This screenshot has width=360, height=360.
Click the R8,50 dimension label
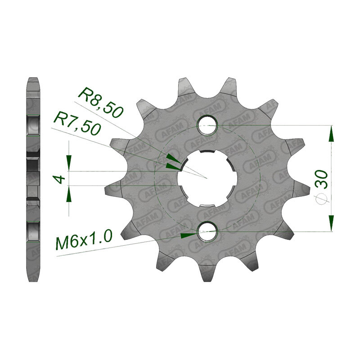(x=100, y=103)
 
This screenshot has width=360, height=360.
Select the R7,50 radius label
(x=76, y=123)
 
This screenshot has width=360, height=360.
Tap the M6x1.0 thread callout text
(x=84, y=240)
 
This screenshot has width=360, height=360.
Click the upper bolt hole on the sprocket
(x=207, y=126)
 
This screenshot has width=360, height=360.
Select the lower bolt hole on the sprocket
(x=207, y=231)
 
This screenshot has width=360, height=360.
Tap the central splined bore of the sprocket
(x=207, y=178)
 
